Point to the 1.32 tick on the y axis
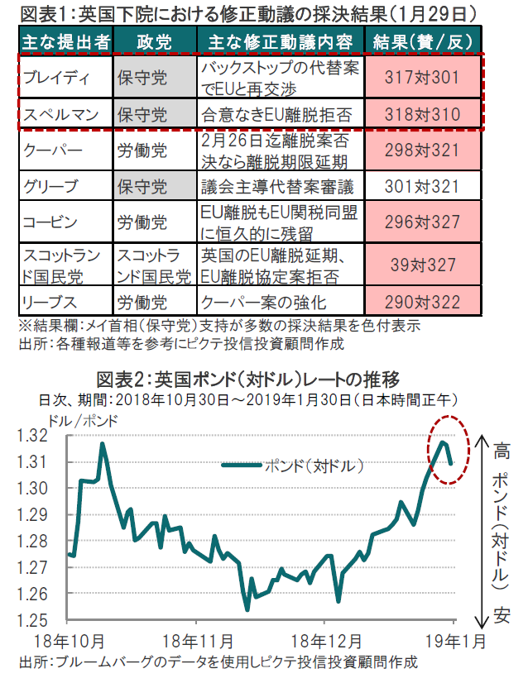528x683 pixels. [44, 436]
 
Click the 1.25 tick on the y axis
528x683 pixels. [44, 619]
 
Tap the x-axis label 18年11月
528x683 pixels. [199, 641]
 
